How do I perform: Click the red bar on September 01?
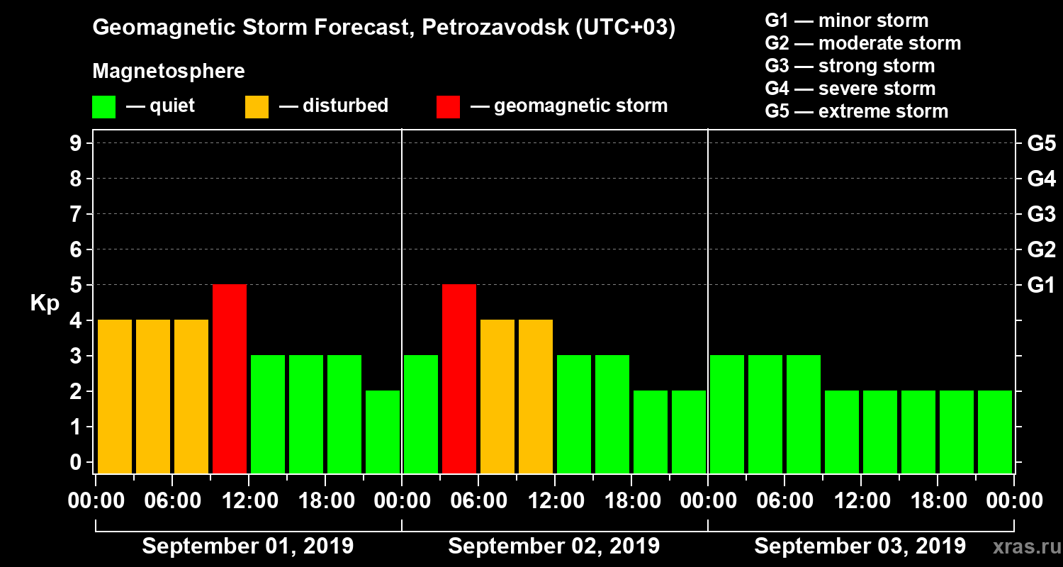230,378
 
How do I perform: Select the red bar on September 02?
459,378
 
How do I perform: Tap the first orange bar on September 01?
115,396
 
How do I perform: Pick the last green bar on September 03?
995,432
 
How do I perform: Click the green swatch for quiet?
103,106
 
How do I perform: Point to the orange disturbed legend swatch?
257,106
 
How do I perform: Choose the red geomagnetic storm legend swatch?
448,106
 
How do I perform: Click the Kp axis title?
45,303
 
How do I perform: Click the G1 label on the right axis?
1041,286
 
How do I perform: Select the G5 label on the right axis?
1041,144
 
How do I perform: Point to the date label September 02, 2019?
554,546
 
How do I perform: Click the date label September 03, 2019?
860,546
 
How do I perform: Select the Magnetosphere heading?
169,72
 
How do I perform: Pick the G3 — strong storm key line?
850,66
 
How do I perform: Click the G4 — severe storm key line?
850,89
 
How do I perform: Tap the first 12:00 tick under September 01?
249,501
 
